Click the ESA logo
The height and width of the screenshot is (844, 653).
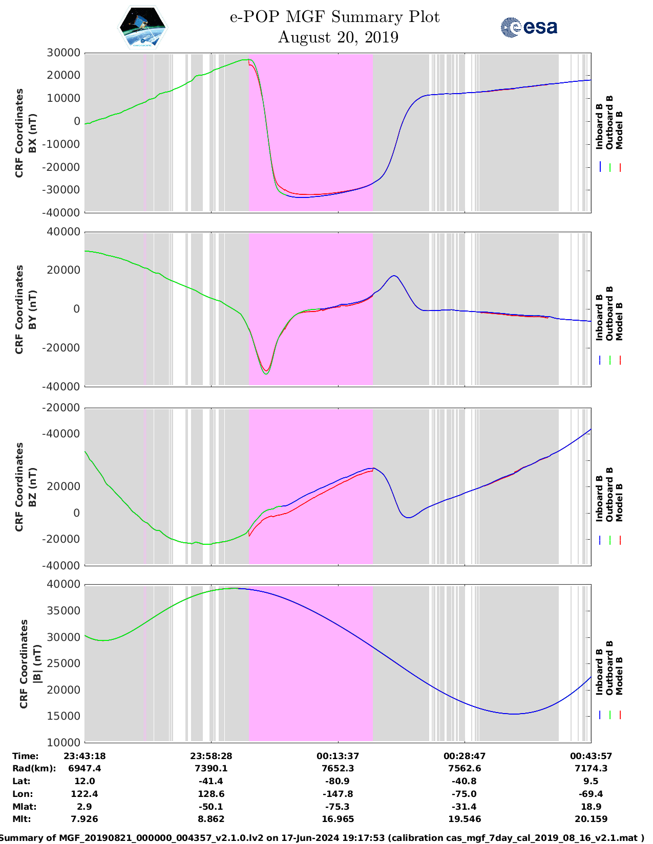click(529, 27)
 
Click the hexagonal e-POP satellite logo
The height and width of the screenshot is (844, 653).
click(143, 27)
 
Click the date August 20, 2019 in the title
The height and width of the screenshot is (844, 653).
click(338, 37)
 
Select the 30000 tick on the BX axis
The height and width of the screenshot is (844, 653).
click(64, 53)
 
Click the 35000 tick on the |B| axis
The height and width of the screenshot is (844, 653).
click(64, 611)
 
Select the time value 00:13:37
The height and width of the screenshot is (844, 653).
click(338, 756)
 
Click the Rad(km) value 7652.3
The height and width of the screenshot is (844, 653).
click(338, 768)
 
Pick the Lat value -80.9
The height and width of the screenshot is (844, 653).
click(338, 781)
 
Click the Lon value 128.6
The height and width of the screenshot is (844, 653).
click(211, 793)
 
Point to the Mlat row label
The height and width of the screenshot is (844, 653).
click(25, 806)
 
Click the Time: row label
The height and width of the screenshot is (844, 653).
click(26, 756)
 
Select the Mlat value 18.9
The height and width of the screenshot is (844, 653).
click(591, 806)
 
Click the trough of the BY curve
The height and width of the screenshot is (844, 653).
click(266, 373)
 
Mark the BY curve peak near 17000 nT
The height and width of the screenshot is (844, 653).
click(394, 276)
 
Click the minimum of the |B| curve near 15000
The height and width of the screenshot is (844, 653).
click(514, 714)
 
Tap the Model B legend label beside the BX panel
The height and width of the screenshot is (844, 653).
click(619, 130)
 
